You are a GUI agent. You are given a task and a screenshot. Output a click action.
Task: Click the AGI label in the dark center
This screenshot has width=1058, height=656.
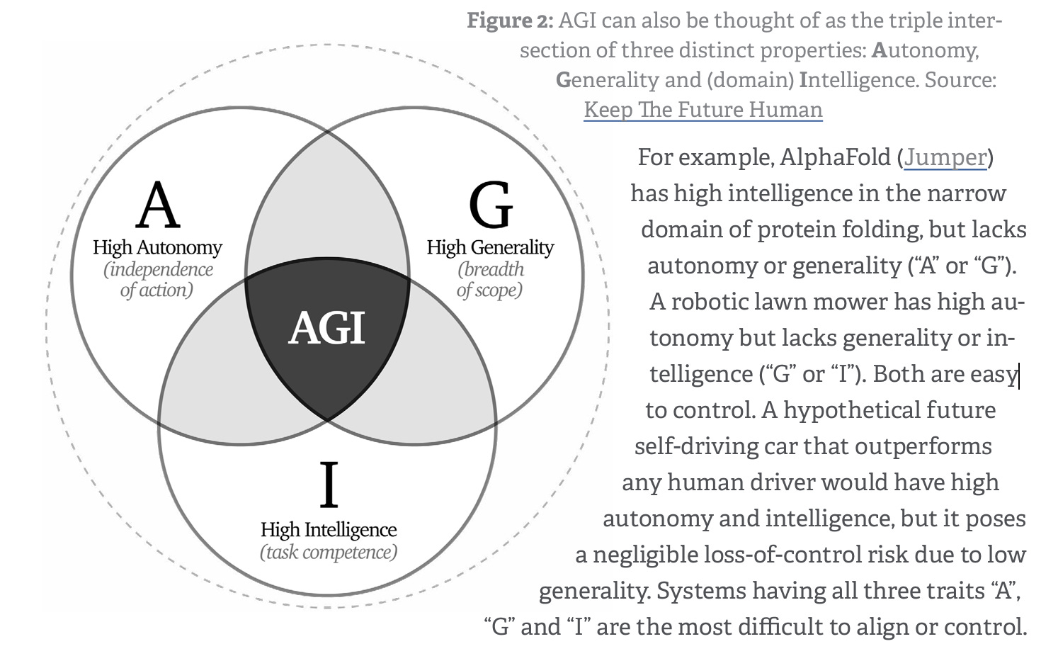(326, 328)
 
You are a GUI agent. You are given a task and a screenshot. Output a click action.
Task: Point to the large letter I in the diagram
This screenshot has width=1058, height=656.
(328, 485)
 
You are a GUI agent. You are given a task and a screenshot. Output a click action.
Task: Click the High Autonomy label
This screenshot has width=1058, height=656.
(157, 248)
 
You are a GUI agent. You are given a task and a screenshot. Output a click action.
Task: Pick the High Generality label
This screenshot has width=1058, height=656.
(490, 248)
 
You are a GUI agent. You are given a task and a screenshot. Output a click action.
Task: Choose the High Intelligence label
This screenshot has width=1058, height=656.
(328, 530)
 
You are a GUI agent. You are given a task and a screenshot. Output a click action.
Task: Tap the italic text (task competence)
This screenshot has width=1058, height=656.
(328, 552)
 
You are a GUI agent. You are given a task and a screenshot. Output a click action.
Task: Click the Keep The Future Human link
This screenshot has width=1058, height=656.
(703, 110)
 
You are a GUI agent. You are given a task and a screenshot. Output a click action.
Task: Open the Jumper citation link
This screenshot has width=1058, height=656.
(945, 157)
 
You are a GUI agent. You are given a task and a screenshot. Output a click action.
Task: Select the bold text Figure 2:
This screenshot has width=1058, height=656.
(509, 21)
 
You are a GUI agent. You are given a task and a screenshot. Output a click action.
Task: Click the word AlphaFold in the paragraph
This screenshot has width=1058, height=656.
(835, 157)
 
